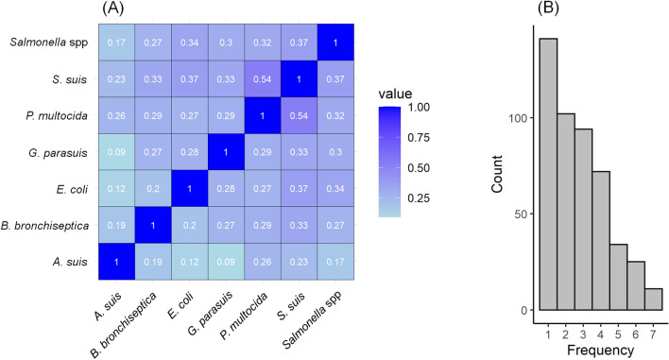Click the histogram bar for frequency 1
click(548, 174)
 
